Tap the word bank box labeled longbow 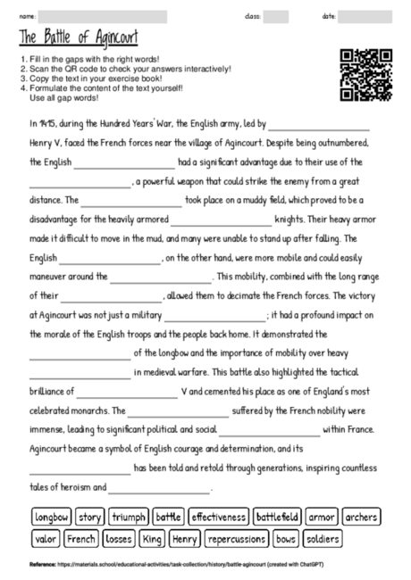[52, 517]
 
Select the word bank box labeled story [89, 517]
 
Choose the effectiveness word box [218, 517]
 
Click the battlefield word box [277, 517]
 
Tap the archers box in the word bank [360, 517]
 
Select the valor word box [46, 539]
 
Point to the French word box [81, 539]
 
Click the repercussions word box [237, 539]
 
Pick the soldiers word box [322, 539]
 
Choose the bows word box [286, 539]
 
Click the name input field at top [102, 16]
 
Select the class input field [276, 16]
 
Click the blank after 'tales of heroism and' [159, 488]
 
